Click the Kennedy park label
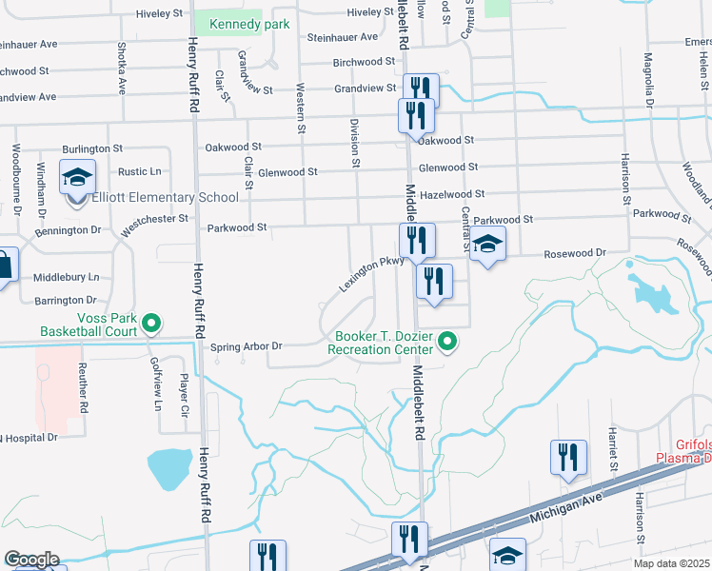coord(248,25)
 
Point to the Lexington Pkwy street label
coord(371,273)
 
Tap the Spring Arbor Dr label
coord(247,346)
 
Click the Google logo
coord(31,560)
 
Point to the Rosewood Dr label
coord(575,253)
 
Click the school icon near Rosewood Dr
coord(487,245)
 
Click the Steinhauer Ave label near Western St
coord(342,37)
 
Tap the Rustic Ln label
coord(140,171)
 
